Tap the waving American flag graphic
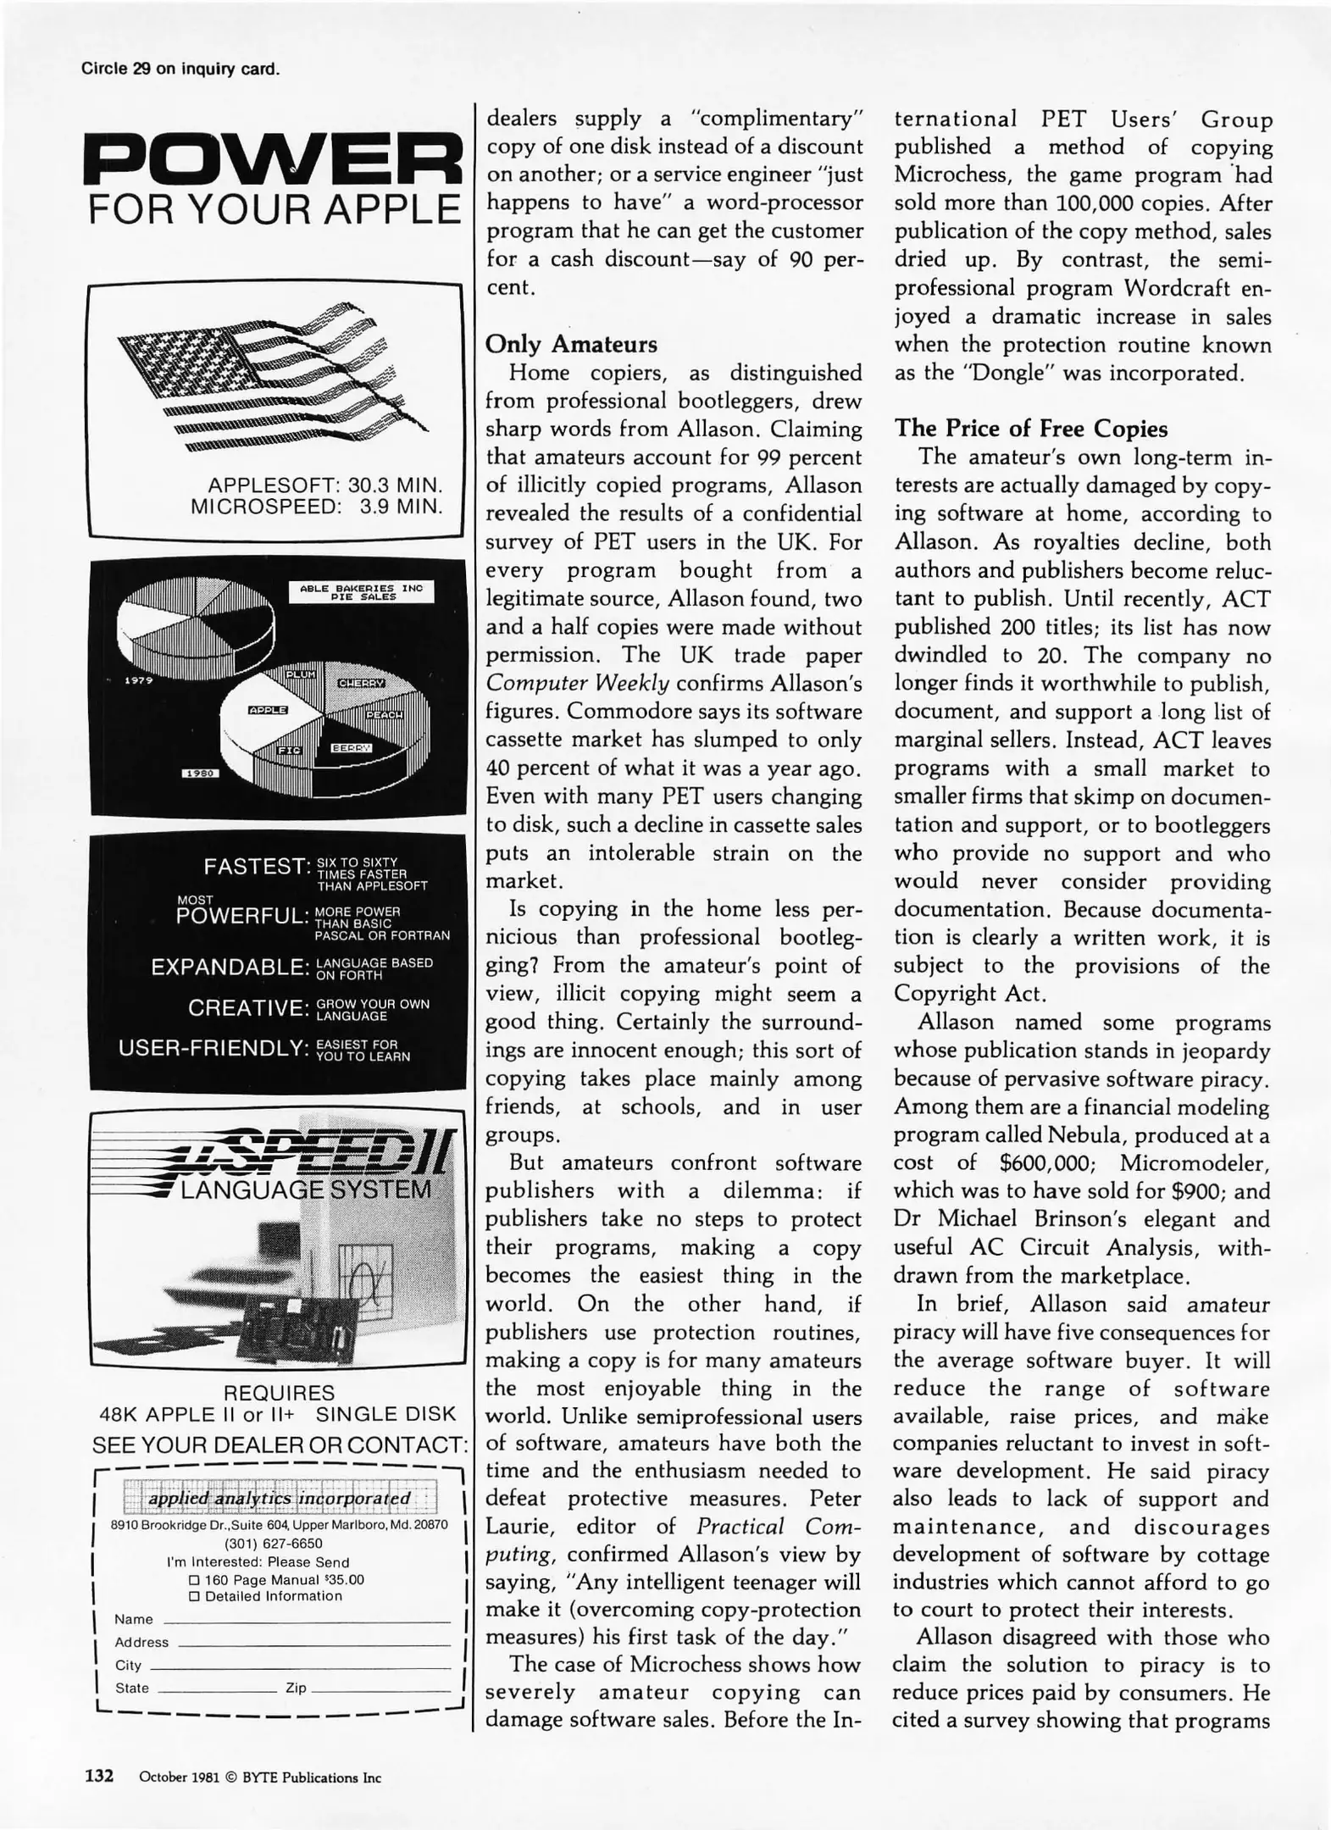(271, 377)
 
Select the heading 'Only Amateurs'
(571, 345)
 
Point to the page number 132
(99, 1776)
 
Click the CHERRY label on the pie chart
(362, 683)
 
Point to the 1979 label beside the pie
(137, 681)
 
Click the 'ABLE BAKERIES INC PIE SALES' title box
(360, 591)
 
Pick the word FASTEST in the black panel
(253, 867)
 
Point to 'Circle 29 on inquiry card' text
(180, 69)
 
